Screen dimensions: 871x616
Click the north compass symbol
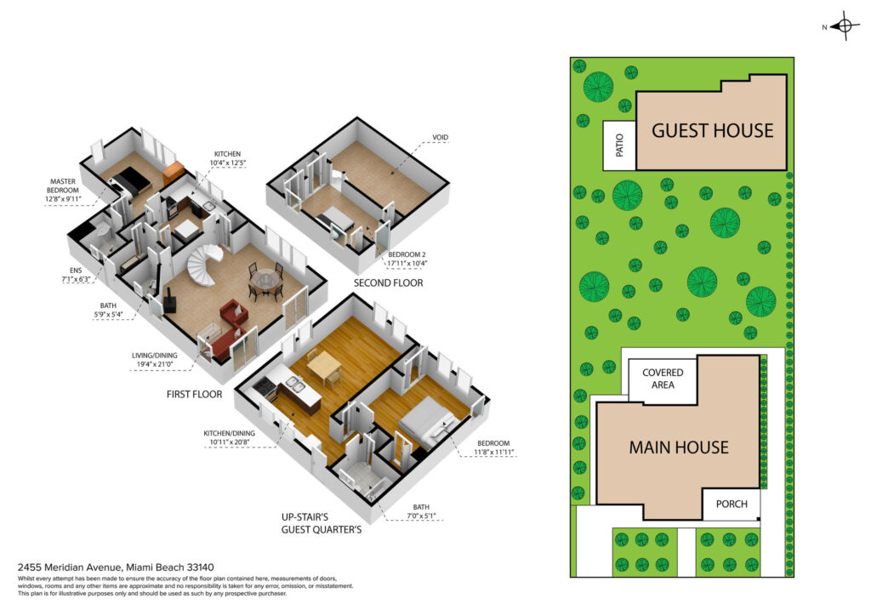coord(845,26)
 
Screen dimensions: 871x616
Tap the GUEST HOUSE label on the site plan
coord(712,130)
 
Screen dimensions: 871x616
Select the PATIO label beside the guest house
coord(619,145)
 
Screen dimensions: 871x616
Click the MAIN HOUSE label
coord(678,448)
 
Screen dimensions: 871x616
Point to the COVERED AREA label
coord(663,379)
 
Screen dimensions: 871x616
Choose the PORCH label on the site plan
coord(731,504)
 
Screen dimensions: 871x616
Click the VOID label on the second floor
coord(440,137)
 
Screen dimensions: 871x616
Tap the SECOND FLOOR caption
coord(388,282)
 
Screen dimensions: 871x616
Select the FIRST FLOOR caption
coord(194,395)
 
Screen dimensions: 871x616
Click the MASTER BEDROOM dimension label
coord(63,190)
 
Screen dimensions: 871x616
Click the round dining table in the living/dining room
coord(266,280)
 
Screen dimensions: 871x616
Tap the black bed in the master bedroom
coord(129,181)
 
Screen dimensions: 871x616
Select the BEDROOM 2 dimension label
coord(407,259)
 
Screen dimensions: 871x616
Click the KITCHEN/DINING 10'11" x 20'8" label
coord(229,437)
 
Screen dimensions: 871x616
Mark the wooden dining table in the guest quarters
coord(324,366)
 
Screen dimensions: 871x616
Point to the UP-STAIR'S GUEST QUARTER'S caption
coord(321,523)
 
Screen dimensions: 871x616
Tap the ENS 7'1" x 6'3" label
coord(76,275)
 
